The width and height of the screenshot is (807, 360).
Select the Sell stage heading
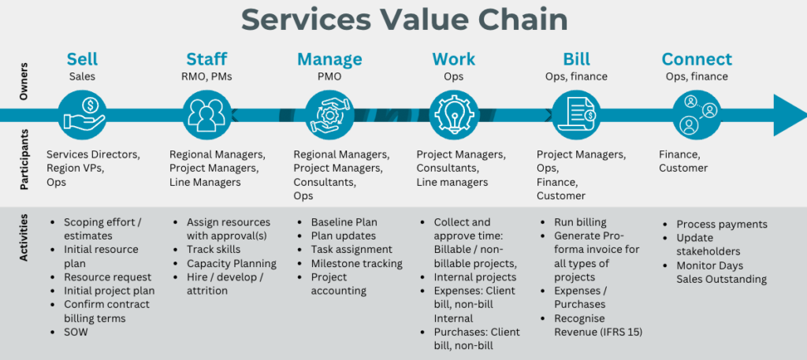tap(82, 60)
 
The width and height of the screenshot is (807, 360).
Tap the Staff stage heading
tap(206, 60)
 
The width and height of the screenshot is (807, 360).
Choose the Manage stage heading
tap(329, 60)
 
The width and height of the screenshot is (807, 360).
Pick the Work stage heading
tap(453, 60)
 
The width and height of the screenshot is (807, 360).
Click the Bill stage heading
tap(577, 60)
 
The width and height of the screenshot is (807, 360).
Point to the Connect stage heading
tap(697, 60)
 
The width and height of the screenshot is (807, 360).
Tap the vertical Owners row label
tap(24, 83)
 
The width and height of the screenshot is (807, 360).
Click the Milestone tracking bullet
tap(356, 264)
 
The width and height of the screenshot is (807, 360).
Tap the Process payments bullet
tap(721, 225)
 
